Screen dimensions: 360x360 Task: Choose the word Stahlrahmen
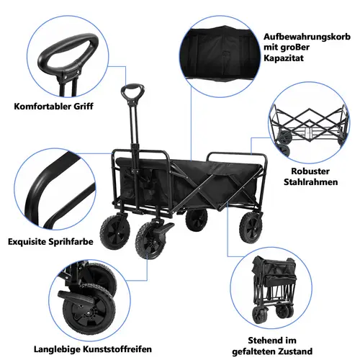tap(310, 184)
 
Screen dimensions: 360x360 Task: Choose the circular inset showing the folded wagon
tap(277, 288)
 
